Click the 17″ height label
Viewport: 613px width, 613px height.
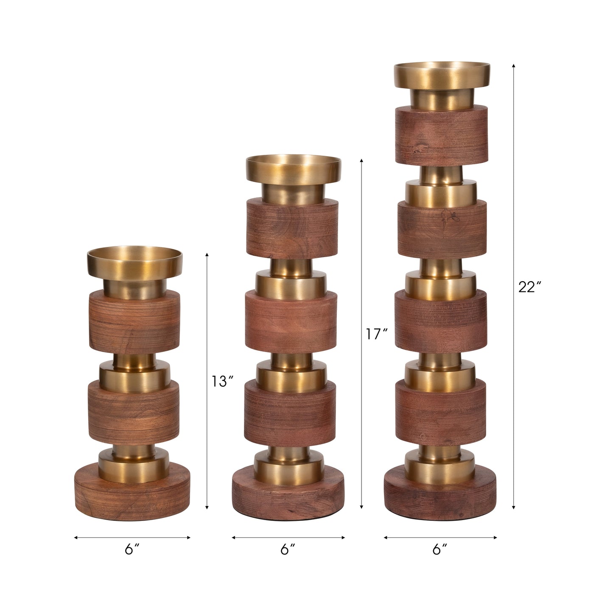pos(377,334)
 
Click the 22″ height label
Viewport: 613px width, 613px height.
pos(529,287)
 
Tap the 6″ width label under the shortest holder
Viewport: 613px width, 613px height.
pos(132,550)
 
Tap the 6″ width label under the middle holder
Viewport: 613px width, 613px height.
pos(288,550)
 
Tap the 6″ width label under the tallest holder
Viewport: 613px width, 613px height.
pos(440,550)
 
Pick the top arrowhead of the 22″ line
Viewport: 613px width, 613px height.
pos(513,65)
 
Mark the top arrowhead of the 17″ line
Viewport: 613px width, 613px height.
pos(361,160)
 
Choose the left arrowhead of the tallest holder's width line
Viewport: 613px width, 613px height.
pos(385,537)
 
